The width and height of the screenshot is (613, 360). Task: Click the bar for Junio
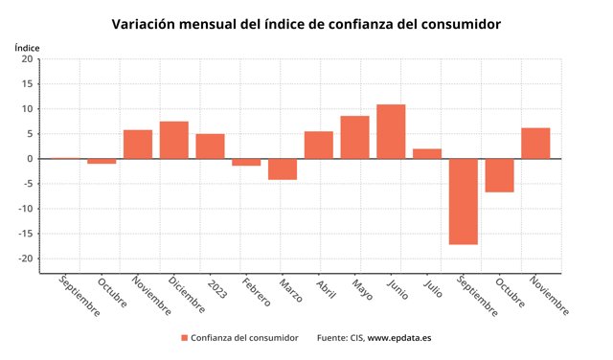pos(391,131)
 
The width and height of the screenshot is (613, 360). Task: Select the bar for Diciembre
pos(174,140)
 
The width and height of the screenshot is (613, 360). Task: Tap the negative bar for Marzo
pos(283,169)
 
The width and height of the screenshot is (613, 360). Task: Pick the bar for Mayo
pos(355,137)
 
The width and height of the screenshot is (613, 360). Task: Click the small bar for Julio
pos(427,153)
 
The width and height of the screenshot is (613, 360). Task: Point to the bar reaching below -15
pos(464,202)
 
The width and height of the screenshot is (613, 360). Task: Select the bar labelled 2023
pos(211,146)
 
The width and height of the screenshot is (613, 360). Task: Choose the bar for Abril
pos(319,145)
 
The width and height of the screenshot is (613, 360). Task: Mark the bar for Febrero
pos(246,162)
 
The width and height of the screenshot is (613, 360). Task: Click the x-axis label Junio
pos(397,289)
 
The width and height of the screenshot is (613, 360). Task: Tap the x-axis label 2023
pos(217,289)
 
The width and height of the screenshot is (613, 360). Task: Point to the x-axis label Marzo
pos(291,290)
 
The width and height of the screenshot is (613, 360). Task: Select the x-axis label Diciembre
pos(187,295)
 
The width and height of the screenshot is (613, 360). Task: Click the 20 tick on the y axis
pos(28,59)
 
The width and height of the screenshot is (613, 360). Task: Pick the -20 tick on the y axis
pos(26,259)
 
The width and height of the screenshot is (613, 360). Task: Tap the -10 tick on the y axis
pos(26,209)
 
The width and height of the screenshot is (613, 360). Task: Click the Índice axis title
pos(27,48)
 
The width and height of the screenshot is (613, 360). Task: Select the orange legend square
pos(185,338)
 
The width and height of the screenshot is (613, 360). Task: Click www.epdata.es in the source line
pos(399,338)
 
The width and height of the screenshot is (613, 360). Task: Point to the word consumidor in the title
pos(461,24)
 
